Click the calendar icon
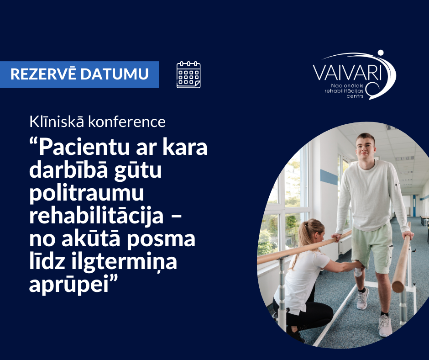tap(188, 75)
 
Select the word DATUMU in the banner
tap(115, 74)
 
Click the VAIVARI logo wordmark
tap(347, 73)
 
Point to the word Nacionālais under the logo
tap(347, 86)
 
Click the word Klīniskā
tap(57, 122)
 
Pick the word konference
tap(127, 122)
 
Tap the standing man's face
tap(366, 148)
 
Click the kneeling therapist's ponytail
tap(303, 236)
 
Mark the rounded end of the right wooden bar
tap(398, 286)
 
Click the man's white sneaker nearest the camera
tap(385, 326)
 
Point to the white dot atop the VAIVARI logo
tap(381, 53)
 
